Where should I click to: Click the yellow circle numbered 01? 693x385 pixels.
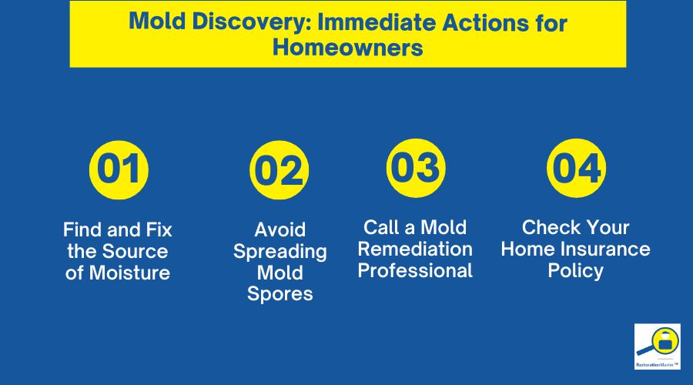[x=118, y=169]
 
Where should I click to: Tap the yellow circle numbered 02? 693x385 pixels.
[x=279, y=171]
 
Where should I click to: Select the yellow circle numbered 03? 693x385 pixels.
[x=414, y=167]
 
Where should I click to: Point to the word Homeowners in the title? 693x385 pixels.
[x=346, y=48]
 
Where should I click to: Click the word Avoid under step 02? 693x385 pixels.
[x=280, y=229]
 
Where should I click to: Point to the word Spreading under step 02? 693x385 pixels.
[x=280, y=251]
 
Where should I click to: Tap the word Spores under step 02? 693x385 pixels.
[x=280, y=293]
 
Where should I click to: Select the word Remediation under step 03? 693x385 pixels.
[x=415, y=249]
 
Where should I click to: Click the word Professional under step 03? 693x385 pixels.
[x=415, y=270]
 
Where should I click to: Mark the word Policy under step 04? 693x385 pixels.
[x=576, y=270]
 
